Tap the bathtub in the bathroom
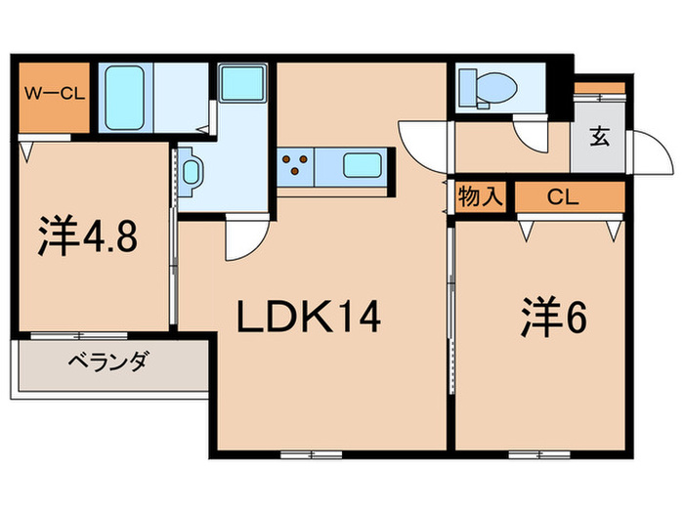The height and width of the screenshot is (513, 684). [x=127, y=94]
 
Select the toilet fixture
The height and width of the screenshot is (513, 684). [x=486, y=88]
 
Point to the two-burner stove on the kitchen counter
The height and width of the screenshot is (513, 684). [x=295, y=164]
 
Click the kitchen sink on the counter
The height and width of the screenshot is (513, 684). [x=361, y=164]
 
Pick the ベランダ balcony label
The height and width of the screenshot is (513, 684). [x=107, y=363]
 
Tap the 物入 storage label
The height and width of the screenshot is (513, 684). [x=480, y=196]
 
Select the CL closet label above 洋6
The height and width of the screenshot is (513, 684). [x=562, y=196]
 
